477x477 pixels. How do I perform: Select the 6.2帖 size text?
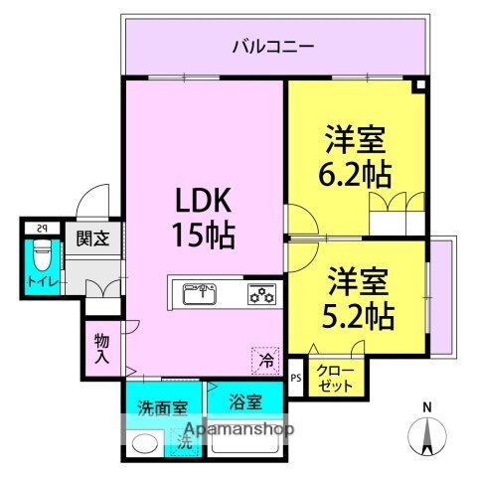click(x=353, y=174)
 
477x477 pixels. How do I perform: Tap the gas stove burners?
click(x=261, y=293)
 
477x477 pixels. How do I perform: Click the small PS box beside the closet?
click(x=295, y=378)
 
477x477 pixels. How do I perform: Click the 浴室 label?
click(x=245, y=402)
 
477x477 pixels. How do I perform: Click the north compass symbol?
click(x=427, y=437)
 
